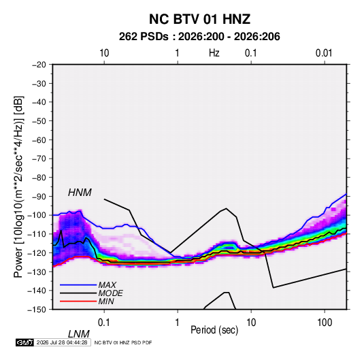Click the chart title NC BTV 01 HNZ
(199, 19)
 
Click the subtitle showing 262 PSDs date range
(199, 37)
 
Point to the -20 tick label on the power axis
(39, 65)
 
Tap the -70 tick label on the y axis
(39, 159)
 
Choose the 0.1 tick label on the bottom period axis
(104, 323)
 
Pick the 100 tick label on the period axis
(325, 323)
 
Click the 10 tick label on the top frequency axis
(104, 53)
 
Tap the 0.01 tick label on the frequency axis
(324, 53)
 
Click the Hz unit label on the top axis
(214, 53)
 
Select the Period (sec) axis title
(214, 330)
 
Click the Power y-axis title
(18, 186)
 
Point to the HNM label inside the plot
(80, 193)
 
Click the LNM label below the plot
(79, 334)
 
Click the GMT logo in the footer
(24, 342)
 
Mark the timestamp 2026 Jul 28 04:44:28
(62, 342)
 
